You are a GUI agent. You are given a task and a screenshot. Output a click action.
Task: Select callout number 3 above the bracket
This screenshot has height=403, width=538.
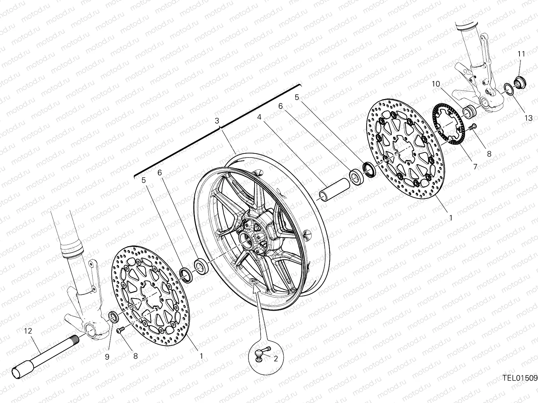click(x=217, y=120)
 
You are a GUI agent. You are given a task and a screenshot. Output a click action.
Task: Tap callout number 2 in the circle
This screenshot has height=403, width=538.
click(x=276, y=359)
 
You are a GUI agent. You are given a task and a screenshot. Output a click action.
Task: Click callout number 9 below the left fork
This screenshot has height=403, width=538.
click(x=107, y=357)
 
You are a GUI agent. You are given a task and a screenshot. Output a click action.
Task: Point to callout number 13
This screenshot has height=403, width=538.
click(x=529, y=118)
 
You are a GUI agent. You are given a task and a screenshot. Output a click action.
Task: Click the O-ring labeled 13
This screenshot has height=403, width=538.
click(x=508, y=89)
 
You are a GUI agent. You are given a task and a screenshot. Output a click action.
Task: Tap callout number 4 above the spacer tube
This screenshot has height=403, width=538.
click(x=259, y=117)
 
